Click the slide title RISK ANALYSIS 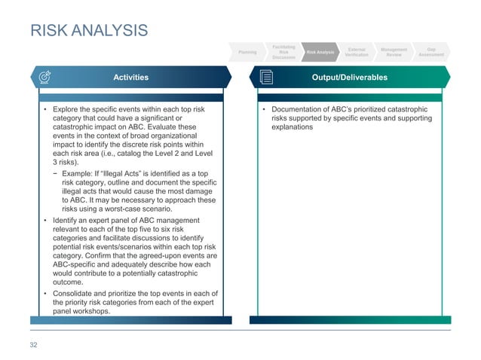(88, 31)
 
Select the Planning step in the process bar (247, 52)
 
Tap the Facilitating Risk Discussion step (283, 51)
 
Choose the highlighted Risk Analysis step (320, 52)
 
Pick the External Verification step (357, 52)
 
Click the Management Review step (394, 52)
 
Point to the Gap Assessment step (430, 52)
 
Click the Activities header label (130, 78)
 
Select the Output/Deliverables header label (354, 78)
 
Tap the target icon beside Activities (44, 78)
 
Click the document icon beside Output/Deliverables (266, 78)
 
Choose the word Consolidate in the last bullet (75, 293)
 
